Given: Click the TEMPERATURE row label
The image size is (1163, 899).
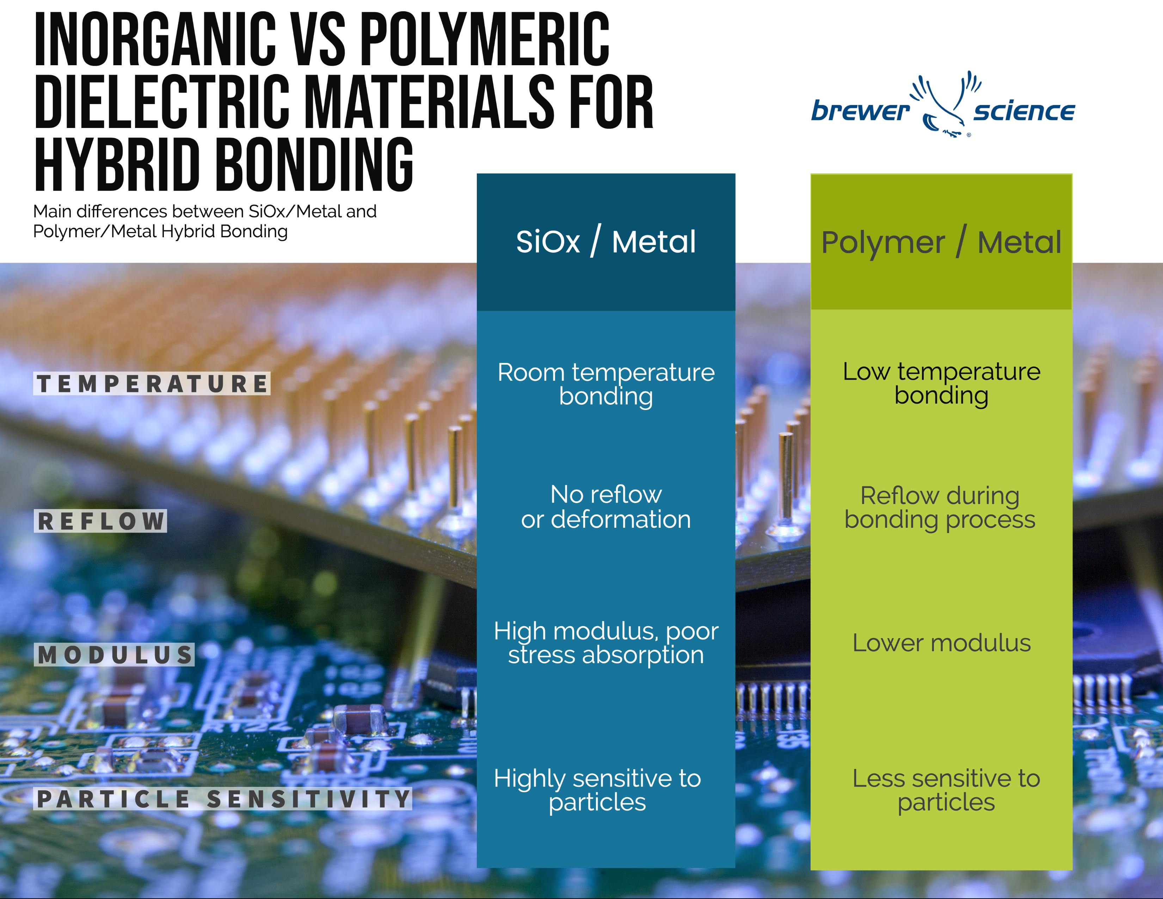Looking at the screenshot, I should pyautogui.click(x=152, y=384).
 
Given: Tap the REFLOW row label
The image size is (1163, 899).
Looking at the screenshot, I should pyautogui.click(x=101, y=521).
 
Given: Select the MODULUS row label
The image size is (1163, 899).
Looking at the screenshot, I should pyautogui.click(x=115, y=655).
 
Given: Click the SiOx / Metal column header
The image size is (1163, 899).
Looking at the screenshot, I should pyautogui.click(x=605, y=242).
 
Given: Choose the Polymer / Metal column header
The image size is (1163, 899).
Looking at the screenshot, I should pyautogui.click(x=941, y=242).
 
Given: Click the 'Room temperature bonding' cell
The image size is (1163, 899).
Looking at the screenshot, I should pyautogui.click(x=605, y=384).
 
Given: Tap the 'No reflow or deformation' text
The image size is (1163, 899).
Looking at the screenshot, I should pyautogui.click(x=605, y=507).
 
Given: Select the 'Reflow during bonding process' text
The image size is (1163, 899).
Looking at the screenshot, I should pyautogui.click(x=940, y=507).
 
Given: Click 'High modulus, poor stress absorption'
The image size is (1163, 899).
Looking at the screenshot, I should pyautogui.click(x=605, y=643).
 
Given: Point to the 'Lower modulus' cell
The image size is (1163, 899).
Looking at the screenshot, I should pyautogui.click(x=941, y=643).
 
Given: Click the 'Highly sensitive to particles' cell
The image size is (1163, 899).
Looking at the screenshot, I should pyautogui.click(x=597, y=790).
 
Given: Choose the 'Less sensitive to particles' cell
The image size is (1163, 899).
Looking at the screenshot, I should pyautogui.click(x=946, y=790).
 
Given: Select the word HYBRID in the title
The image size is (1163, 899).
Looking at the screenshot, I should pyautogui.click(x=117, y=165).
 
